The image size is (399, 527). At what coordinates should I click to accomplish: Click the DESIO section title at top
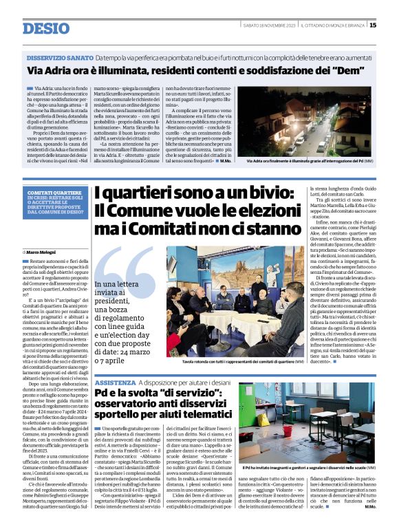(45, 28)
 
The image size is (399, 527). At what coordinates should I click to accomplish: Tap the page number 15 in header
(373, 25)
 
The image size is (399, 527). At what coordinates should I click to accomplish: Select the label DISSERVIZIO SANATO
(60, 58)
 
